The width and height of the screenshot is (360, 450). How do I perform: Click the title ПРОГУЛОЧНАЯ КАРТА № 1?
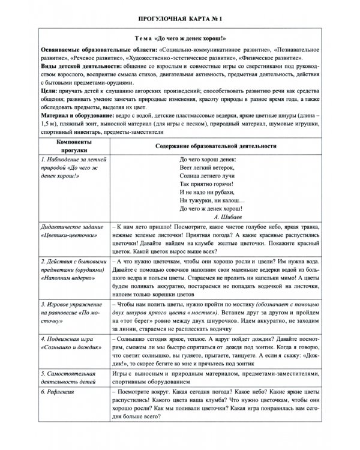point(180,19)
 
